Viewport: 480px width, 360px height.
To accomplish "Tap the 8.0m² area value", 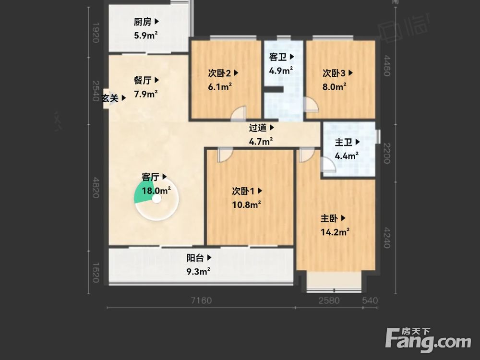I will pyautogui.click(x=334, y=87).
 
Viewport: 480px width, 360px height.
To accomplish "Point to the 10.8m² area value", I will pyautogui.click(x=246, y=204).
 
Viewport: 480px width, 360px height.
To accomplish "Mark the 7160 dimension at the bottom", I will pyautogui.click(x=201, y=301).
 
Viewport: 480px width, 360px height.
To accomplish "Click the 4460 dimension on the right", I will pyautogui.click(x=387, y=66).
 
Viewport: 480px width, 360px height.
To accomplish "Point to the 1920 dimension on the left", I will pyautogui.click(x=95, y=32).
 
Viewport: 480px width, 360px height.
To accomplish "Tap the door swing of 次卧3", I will pyautogui.click(x=310, y=105).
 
